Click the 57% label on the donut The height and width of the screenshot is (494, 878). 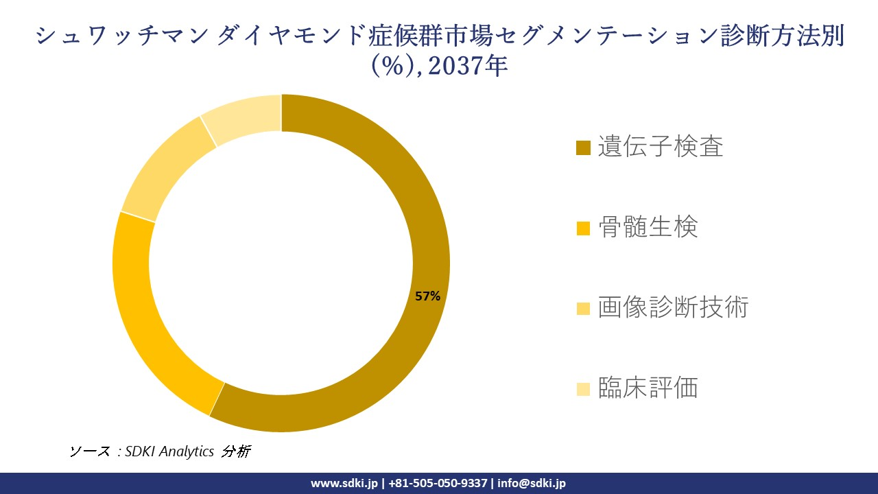tap(427, 296)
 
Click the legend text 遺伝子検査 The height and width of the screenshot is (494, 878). tap(660, 146)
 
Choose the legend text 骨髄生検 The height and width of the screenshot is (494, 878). tap(648, 226)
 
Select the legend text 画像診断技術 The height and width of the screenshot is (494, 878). tap(672, 307)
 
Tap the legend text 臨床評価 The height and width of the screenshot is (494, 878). tap(648, 388)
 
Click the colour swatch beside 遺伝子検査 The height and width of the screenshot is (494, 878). tap(583, 148)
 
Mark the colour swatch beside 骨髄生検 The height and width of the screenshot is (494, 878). tap(583, 228)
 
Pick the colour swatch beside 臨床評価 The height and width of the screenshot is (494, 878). tap(583, 389)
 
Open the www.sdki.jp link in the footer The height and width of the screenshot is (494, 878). tap(344, 483)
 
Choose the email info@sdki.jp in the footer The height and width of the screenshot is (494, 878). tap(532, 483)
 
